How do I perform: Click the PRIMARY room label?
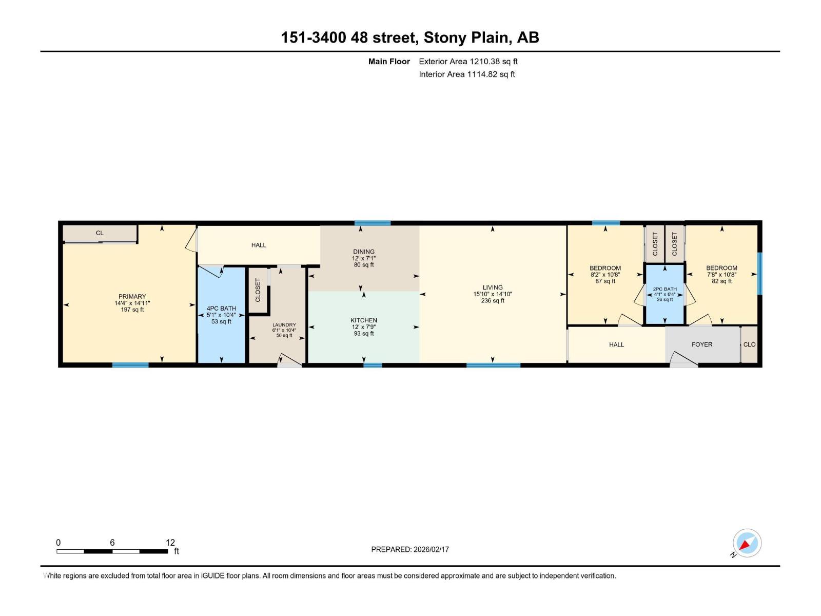coord(132,297)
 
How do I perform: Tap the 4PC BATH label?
coord(221,309)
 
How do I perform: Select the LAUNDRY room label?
coord(284,325)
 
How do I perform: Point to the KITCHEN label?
coord(364,320)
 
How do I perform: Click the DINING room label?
coord(364,252)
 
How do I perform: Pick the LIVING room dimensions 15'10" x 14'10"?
coord(493,294)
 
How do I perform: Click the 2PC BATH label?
coord(664,289)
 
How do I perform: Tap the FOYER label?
coord(701,344)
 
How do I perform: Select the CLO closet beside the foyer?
coord(749,344)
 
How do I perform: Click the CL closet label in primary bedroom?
coord(100,233)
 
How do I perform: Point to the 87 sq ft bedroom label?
coord(605,281)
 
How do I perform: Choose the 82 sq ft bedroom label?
coord(721,281)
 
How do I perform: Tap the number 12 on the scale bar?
coord(170,543)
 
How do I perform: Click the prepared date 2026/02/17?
coord(431,549)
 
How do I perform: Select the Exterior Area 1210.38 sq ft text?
coord(468,62)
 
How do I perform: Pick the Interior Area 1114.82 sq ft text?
coord(466,74)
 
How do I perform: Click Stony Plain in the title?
coord(466,37)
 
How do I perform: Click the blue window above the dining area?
coord(373,223)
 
